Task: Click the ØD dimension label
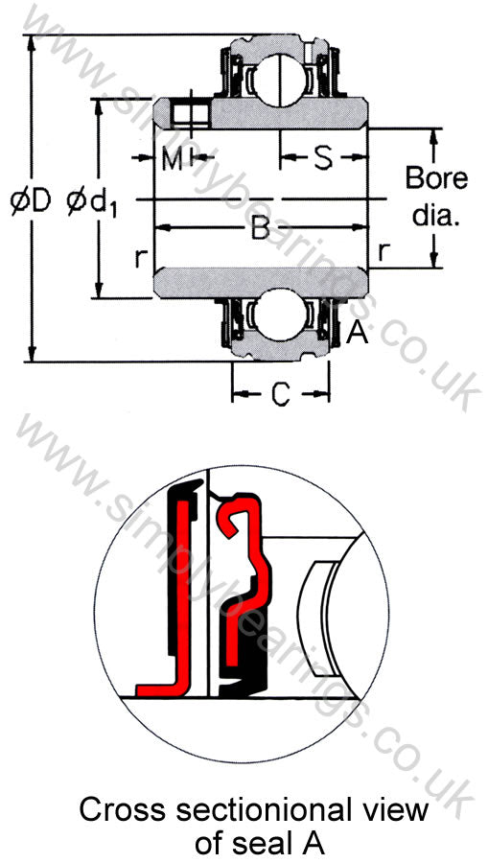[x=31, y=202]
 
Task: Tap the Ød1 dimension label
[x=91, y=202]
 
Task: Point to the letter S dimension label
[x=323, y=158]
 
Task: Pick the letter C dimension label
[x=281, y=393]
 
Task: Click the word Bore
[x=437, y=179]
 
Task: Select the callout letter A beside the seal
[x=357, y=333]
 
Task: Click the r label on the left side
[x=141, y=258]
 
